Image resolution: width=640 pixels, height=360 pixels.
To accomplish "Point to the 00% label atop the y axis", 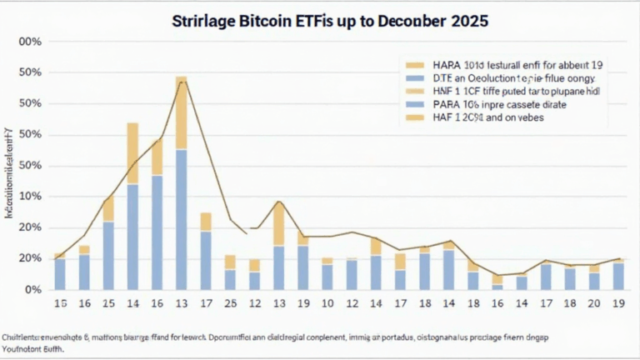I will (x=30, y=42).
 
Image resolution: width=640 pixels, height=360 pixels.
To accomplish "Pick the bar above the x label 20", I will (x=594, y=278).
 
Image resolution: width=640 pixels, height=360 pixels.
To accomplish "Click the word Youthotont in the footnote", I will (x=31, y=349).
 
